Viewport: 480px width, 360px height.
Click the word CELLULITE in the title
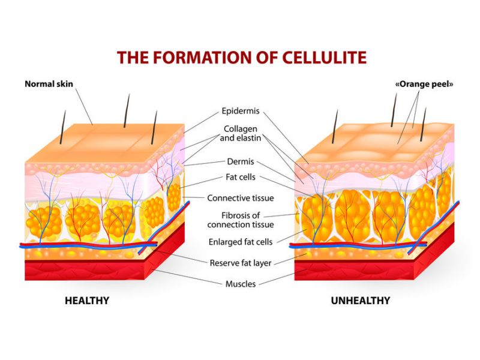pos(324,58)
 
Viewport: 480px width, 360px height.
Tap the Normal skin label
pos(49,84)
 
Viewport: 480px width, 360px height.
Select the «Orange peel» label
pos(424,84)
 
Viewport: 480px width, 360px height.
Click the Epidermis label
pos(241,111)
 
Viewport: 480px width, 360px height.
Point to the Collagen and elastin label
pos(241,133)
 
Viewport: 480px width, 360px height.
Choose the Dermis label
pos(241,161)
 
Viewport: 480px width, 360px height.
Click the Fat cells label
pos(241,177)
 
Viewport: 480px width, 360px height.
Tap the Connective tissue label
pos(241,198)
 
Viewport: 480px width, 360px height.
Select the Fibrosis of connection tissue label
pos(241,220)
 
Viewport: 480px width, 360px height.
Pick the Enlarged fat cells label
pos(241,242)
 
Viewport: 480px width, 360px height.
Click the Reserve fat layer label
pos(241,263)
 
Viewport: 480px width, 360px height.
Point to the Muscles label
pos(241,284)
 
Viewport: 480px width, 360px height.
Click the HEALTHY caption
pos(87,301)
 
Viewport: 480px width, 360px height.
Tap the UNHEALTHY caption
pos(361,301)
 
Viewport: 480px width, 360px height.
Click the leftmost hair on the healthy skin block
pos(63,127)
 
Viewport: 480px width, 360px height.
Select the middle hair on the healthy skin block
pos(127,111)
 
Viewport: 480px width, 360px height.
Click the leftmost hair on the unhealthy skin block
pos(335,127)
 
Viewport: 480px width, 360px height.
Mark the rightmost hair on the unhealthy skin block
pos(423,124)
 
